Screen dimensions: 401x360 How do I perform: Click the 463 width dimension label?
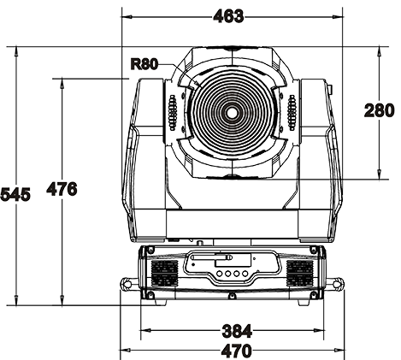click(x=228, y=16)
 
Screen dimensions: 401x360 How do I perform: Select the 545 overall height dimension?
click(x=15, y=195)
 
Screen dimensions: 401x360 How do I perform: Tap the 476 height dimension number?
click(x=62, y=189)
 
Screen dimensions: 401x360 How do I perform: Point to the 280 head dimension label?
click(x=380, y=110)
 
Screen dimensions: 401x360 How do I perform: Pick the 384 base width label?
click(x=237, y=331)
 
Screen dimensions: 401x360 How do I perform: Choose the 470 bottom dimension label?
click(x=237, y=351)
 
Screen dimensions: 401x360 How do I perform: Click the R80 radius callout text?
click(x=144, y=64)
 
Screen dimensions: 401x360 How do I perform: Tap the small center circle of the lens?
click(x=232, y=113)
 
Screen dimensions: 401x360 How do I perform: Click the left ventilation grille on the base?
click(x=165, y=274)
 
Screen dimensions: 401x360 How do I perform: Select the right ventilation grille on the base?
click(x=300, y=274)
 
